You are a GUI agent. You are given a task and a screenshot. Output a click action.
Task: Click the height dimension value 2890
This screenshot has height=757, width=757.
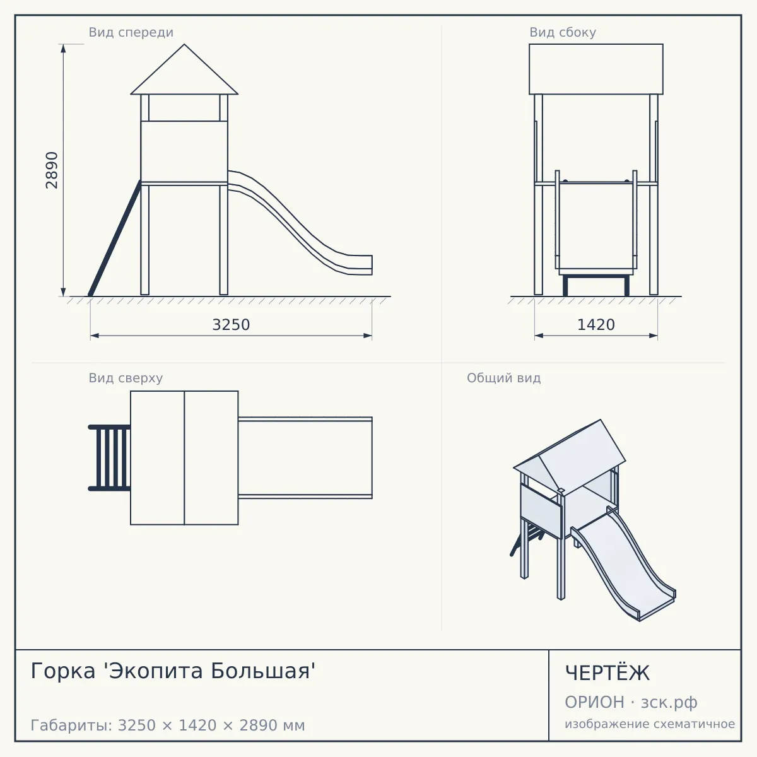click(52, 170)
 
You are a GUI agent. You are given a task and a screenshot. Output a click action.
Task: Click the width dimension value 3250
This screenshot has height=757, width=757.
click(231, 325)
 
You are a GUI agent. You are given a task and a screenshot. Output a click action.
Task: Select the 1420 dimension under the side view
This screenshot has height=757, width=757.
click(596, 325)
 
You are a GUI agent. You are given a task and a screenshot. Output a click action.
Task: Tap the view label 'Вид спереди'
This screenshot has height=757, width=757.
click(131, 32)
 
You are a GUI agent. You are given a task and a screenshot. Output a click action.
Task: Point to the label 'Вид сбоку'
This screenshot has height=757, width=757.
click(563, 32)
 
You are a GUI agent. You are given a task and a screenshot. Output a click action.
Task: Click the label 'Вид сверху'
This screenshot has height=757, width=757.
click(126, 378)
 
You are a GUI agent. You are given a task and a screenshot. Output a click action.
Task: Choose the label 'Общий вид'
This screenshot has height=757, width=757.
click(503, 378)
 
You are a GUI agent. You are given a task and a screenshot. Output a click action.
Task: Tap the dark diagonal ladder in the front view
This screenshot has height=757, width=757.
click(114, 238)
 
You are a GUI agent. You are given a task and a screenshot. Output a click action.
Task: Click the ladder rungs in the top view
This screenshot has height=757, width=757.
click(110, 458)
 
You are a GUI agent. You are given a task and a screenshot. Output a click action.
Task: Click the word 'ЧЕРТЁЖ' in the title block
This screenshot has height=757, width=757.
click(607, 673)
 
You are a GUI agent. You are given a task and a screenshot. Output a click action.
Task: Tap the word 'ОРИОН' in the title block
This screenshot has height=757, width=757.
click(594, 702)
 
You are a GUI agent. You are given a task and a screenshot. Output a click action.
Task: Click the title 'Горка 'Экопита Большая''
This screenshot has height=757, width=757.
click(173, 671)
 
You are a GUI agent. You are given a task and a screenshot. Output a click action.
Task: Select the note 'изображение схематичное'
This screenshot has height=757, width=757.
click(650, 724)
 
